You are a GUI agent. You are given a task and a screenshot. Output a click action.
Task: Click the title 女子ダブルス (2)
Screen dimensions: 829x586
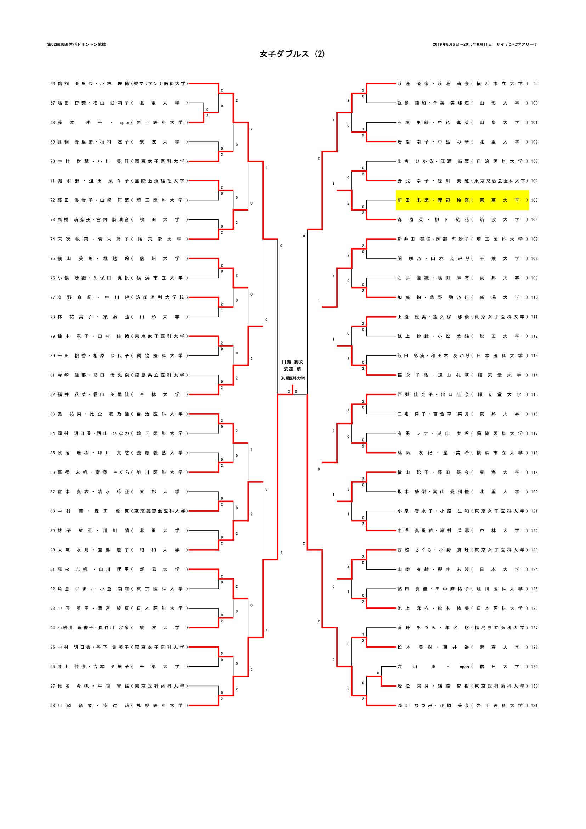[x=292, y=54]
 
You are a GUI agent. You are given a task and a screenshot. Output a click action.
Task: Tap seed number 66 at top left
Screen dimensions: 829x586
[x=53, y=84]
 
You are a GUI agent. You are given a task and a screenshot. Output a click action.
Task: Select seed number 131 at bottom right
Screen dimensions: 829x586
[x=534, y=706]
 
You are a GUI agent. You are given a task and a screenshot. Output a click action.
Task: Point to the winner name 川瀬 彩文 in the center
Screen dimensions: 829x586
[x=292, y=362]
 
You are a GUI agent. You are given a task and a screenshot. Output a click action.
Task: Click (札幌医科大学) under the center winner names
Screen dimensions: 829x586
[x=292, y=378]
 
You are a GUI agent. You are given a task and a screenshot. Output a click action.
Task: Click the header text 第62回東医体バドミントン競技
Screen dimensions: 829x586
[x=77, y=44]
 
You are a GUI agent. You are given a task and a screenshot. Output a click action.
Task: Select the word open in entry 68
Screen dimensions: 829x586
[x=124, y=123]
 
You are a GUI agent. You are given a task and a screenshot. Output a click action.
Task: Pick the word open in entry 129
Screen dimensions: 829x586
[x=464, y=667]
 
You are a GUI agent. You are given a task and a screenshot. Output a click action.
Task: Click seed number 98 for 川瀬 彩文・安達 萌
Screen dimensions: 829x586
[x=53, y=706]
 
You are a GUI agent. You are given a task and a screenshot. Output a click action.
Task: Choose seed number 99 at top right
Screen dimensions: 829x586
[x=535, y=84]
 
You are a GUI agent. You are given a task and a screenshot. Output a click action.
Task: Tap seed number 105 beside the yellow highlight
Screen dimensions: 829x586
[x=534, y=200]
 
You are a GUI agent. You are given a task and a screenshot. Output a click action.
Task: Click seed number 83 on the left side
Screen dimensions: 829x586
[x=53, y=414]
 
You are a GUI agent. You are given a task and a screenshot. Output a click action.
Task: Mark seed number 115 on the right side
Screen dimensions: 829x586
[x=534, y=394]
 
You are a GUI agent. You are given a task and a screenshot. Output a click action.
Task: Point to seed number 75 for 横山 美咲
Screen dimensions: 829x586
[x=53, y=258]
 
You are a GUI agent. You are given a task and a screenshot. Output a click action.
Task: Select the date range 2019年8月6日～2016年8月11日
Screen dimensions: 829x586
[x=462, y=44]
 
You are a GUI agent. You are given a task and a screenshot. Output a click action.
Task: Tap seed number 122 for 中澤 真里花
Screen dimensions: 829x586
[x=534, y=531]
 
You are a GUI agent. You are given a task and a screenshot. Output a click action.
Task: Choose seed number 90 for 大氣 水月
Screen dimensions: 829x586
[x=53, y=550]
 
